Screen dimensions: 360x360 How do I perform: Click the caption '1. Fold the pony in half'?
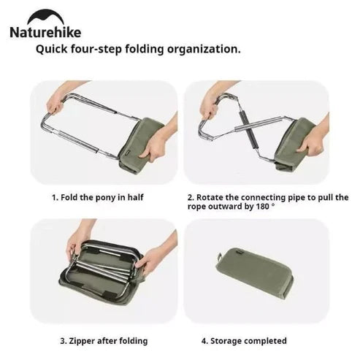click(93, 197)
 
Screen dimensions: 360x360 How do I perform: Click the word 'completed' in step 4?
click(267, 340)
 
